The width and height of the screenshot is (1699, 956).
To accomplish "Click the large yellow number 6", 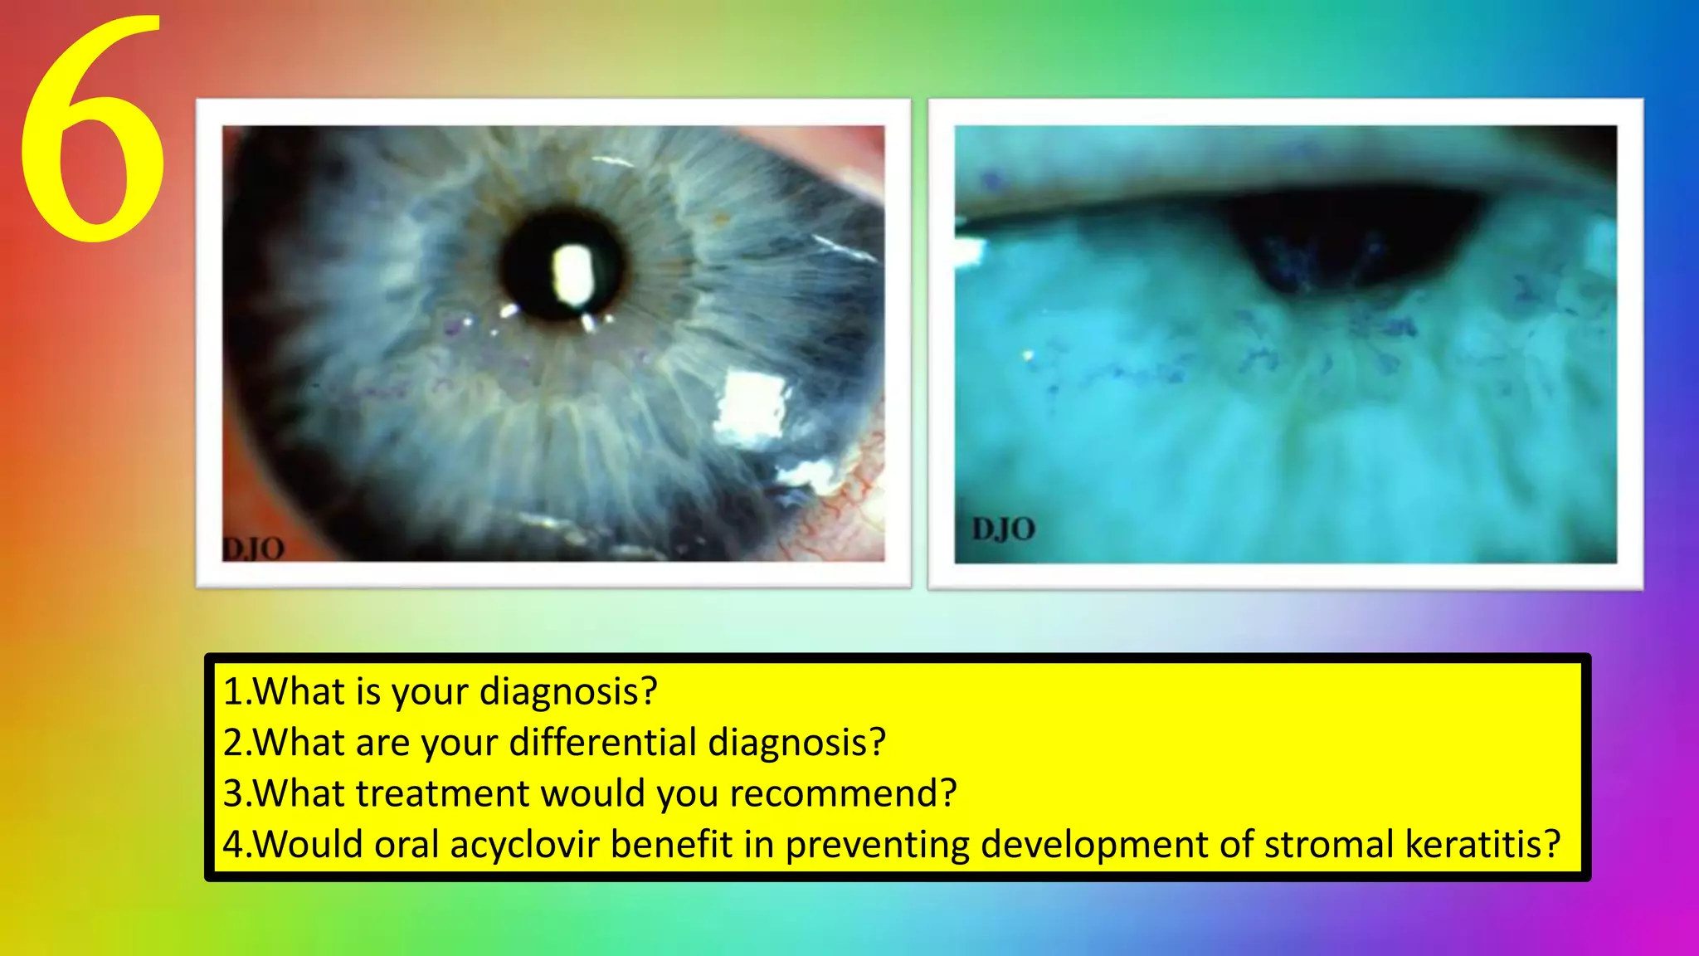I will pos(91,133).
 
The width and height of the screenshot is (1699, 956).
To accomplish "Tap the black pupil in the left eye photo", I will pos(531,266).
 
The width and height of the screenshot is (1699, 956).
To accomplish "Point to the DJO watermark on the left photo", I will pos(254,548).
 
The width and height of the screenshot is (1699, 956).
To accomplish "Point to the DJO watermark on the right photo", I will pos(1003,529).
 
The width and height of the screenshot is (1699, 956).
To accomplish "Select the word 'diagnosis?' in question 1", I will pos(568,691).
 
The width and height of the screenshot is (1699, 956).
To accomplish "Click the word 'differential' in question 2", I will pos(602,742).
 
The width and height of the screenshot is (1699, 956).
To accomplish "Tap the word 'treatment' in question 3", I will pos(442,793).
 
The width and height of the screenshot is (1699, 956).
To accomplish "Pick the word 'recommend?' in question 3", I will pos(843,793).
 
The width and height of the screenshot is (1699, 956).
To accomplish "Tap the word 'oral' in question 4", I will pos(406,845).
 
